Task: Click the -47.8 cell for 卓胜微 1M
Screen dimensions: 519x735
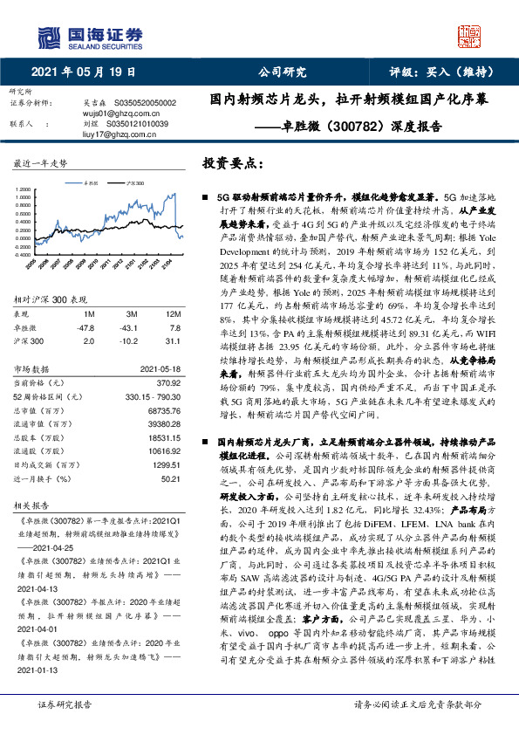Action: [x=86, y=326]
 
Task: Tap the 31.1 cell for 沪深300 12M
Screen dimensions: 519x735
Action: [x=171, y=339]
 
